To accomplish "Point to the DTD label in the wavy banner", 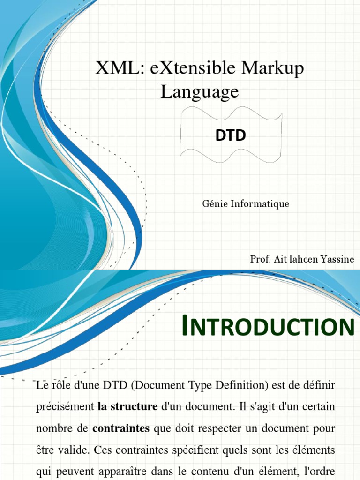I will (x=231, y=135).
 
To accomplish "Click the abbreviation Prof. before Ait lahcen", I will (x=260, y=259).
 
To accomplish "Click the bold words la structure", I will (x=127, y=406).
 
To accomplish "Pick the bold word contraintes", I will (x=121, y=428).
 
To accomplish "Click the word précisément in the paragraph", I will (x=65, y=406).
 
